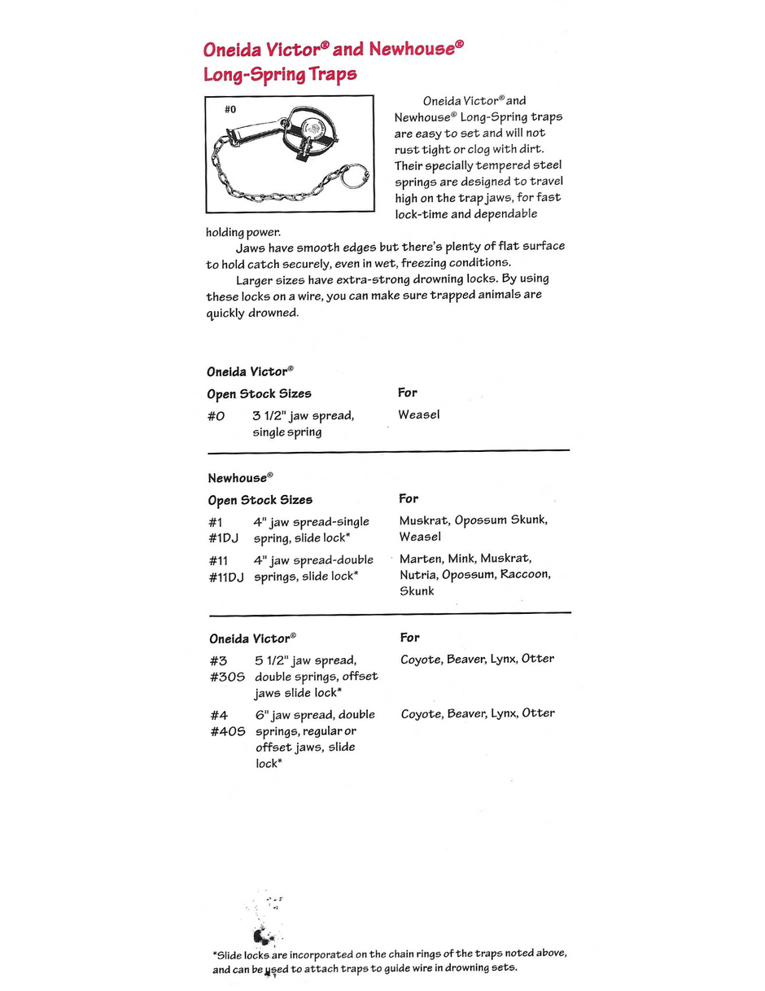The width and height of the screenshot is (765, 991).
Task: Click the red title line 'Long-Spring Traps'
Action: point(280,75)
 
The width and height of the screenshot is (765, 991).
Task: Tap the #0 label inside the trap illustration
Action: point(230,109)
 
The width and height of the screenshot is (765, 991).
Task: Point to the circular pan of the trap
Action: point(311,130)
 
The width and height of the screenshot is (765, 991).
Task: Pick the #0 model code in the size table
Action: point(216,416)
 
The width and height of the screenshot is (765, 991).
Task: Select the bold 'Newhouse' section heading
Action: point(237,478)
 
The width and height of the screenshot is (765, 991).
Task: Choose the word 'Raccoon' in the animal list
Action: point(525,575)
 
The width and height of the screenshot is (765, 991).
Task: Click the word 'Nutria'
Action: point(418,575)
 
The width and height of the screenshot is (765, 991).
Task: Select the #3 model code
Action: point(217,660)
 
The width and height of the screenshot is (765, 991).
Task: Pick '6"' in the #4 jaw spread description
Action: point(262,715)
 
